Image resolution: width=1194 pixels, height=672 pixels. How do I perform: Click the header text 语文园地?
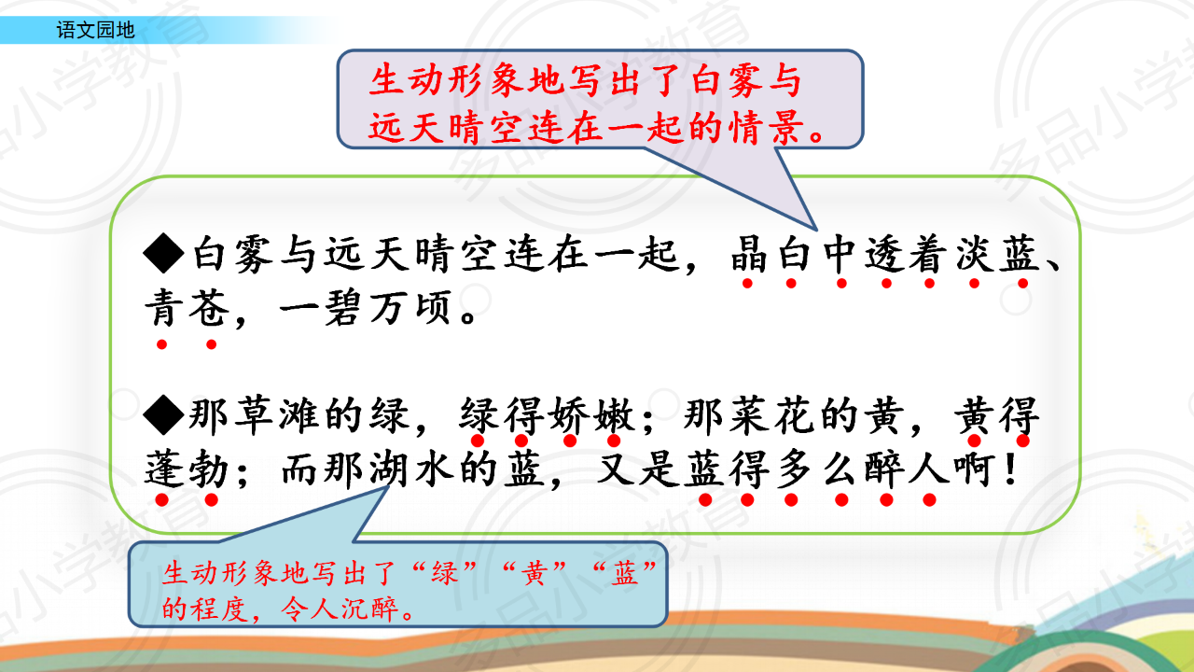pyautogui.click(x=96, y=30)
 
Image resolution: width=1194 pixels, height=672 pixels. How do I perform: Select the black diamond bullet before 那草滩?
pyautogui.click(x=164, y=414)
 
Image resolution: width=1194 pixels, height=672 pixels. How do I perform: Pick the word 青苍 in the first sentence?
pyautogui.click(x=187, y=308)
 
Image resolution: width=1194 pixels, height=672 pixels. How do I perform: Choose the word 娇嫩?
pyautogui.click(x=592, y=415)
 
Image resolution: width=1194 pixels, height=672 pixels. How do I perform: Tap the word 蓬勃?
pyautogui.click(x=187, y=469)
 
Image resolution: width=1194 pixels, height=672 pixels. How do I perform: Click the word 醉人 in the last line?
pyautogui.click(x=907, y=469)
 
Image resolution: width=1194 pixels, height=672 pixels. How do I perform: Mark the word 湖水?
pyautogui.click(x=411, y=469)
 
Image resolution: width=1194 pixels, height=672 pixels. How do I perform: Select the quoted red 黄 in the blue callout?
pyautogui.click(x=535, y=574)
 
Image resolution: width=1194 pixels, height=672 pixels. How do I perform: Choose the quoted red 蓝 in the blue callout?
pyautogui.click(x=624, y=574)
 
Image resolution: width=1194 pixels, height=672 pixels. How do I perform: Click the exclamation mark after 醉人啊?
pyautogui.click(x=1009, y=469)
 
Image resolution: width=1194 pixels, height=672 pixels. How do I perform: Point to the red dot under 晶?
pyautogui.click(x=747, y=283)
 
